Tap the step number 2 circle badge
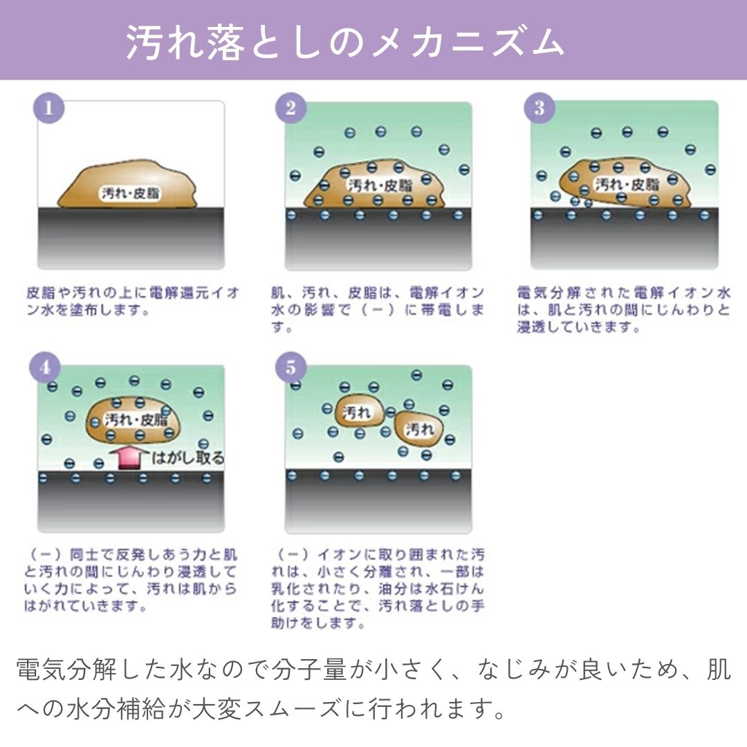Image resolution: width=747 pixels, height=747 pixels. pos(291,109)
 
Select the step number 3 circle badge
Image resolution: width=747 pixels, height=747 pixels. pos(539,109)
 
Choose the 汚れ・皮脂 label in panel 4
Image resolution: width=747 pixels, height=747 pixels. pos(136,420)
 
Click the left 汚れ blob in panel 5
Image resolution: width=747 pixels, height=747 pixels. pos(358,414)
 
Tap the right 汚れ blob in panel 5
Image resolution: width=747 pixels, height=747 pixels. pos(419,430)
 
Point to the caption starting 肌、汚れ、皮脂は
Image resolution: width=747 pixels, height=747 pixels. pos(378,310)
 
